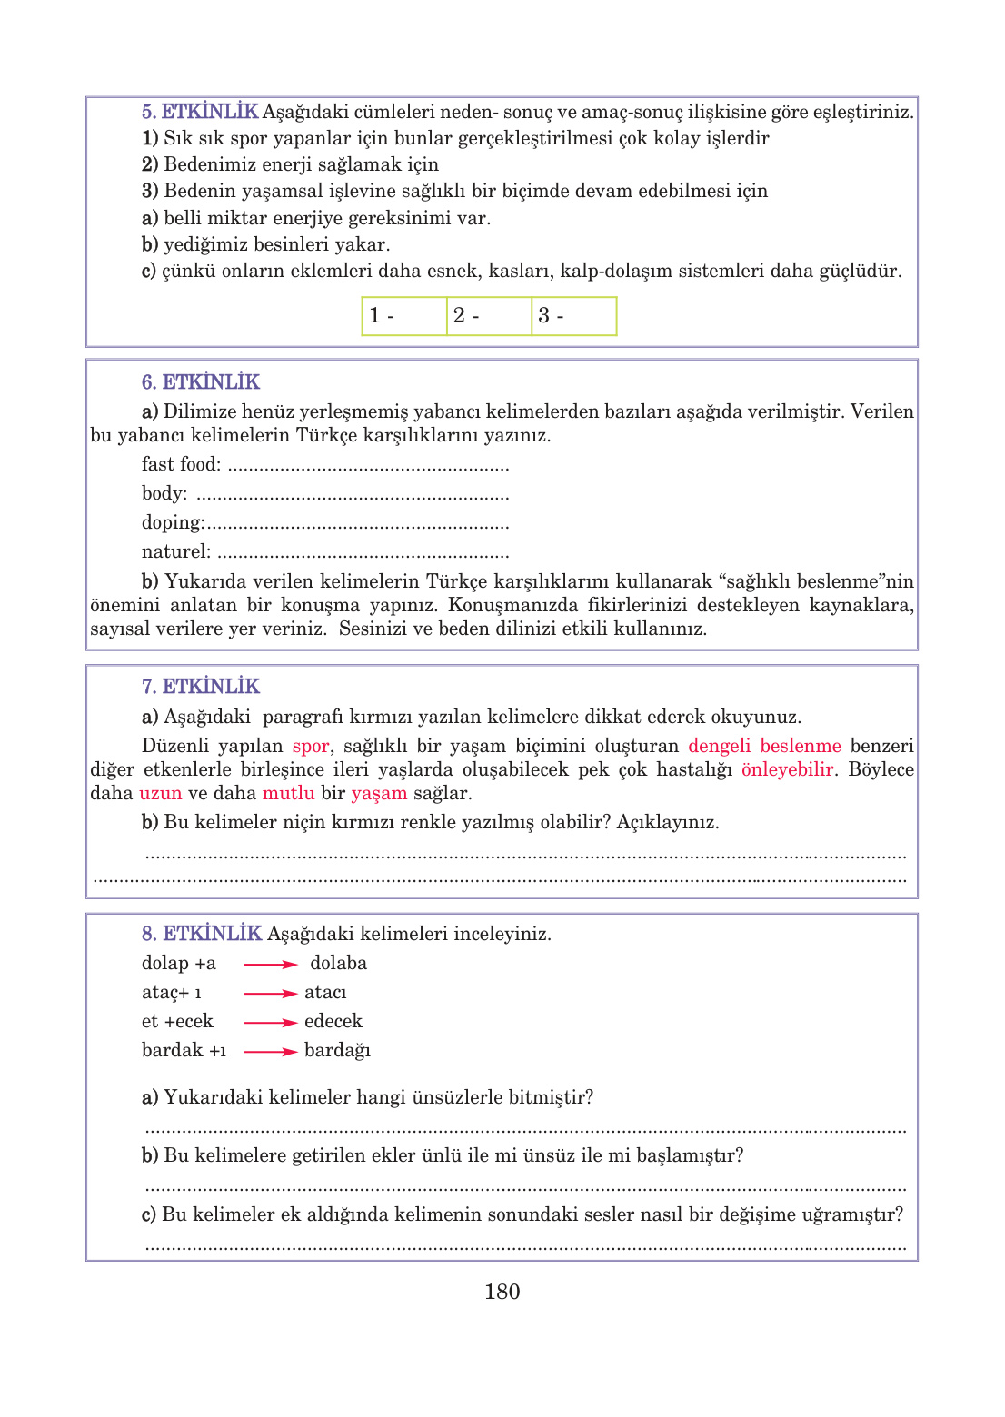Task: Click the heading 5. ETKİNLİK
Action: [200, 112]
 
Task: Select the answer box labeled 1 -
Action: [404, 316]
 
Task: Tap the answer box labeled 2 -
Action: [489, 316]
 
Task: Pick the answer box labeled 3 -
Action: [573, 316]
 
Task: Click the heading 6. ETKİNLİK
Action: [200, 381]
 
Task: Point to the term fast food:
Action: [181, 464]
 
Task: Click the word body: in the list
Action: [164, 493]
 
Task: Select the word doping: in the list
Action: [173, 522]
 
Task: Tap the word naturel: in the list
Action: [176, 551]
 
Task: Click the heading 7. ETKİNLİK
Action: [200, 686]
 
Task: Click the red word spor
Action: [310, 746]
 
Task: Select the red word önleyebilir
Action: [787, 769]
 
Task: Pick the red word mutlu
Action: [288, 793]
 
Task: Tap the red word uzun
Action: [161, 793]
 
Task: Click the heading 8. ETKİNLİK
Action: [202, 933]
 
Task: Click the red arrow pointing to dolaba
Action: [270, 965]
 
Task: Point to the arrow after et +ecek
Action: [270, 1023]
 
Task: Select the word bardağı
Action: [337, 1051]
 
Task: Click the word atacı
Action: [325, 993]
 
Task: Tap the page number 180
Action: [502, 1292]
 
